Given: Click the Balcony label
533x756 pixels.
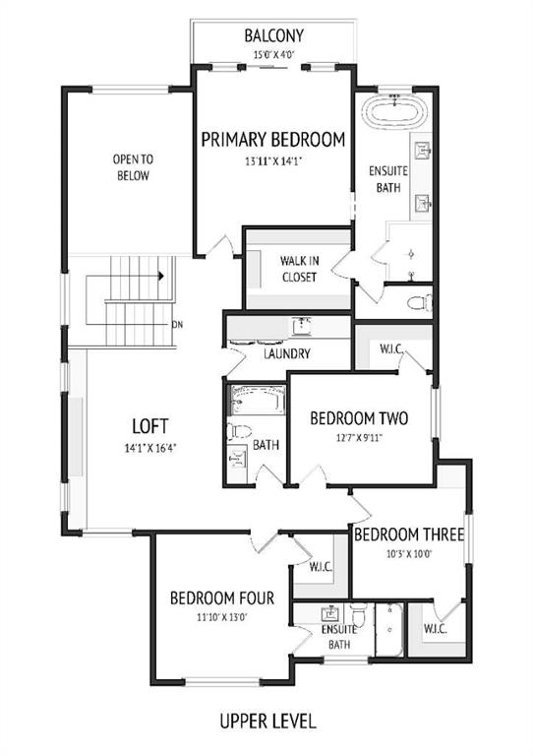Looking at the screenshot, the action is (274, 35).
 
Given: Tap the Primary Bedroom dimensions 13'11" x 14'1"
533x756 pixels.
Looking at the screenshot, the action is (273, 161).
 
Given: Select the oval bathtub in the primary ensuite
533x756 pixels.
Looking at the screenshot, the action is (394, 112).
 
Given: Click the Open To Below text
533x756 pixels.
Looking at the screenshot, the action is (133, 166).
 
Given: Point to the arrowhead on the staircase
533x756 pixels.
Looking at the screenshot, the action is (161, 276).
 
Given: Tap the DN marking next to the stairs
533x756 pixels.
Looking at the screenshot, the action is (177, 325).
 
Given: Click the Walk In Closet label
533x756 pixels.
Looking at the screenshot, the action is (299, 269).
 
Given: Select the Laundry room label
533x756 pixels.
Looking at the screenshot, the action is (287, 354).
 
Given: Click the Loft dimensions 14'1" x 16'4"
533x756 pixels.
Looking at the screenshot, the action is (150, 448).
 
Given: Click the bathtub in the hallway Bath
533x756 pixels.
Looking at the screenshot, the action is (258, 400).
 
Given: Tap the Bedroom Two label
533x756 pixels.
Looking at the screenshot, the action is (359, 418).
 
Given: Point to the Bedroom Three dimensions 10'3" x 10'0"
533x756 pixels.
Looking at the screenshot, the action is (409, 554).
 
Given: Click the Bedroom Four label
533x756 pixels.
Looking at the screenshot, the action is (222, 598).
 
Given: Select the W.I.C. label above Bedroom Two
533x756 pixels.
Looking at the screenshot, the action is (391, 349).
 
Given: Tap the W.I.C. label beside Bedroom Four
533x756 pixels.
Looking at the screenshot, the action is (321, 567).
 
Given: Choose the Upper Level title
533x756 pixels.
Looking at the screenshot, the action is (267, 722).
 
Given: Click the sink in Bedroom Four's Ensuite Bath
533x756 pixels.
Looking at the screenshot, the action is (330, 614).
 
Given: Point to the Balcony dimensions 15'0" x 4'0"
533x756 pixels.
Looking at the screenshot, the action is (273, 54).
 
